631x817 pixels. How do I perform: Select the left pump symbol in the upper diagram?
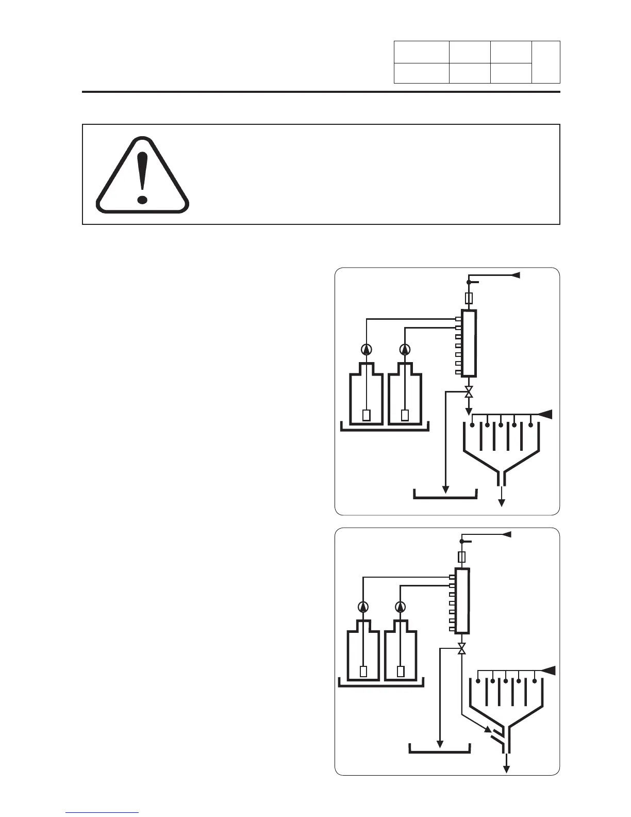pyautogui.click(x=366, y=349)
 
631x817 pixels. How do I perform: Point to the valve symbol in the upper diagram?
pyautogui.click(x=469, y=391)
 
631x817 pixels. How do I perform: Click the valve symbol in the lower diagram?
pyautogui.click(x=462, y=648)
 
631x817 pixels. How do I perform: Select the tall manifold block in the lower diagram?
pyautogui.click(x=462, y=601)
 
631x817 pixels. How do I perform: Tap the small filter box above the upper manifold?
pyautogui.click(x=469, y=298)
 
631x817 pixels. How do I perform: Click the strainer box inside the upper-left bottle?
pyautogui.click(x=366, y=415)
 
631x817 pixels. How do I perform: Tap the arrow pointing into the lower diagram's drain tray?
pyautogui.click(x=440, y=744)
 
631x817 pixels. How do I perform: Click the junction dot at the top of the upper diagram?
pyautogui.click(x=469, y=282)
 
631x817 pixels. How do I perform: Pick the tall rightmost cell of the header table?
pyautogui.click(x=546, y=62)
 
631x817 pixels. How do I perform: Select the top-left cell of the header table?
pyautogui.click(x=421, y=52)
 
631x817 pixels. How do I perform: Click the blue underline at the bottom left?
pyautogui.click(x=102, y=813)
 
